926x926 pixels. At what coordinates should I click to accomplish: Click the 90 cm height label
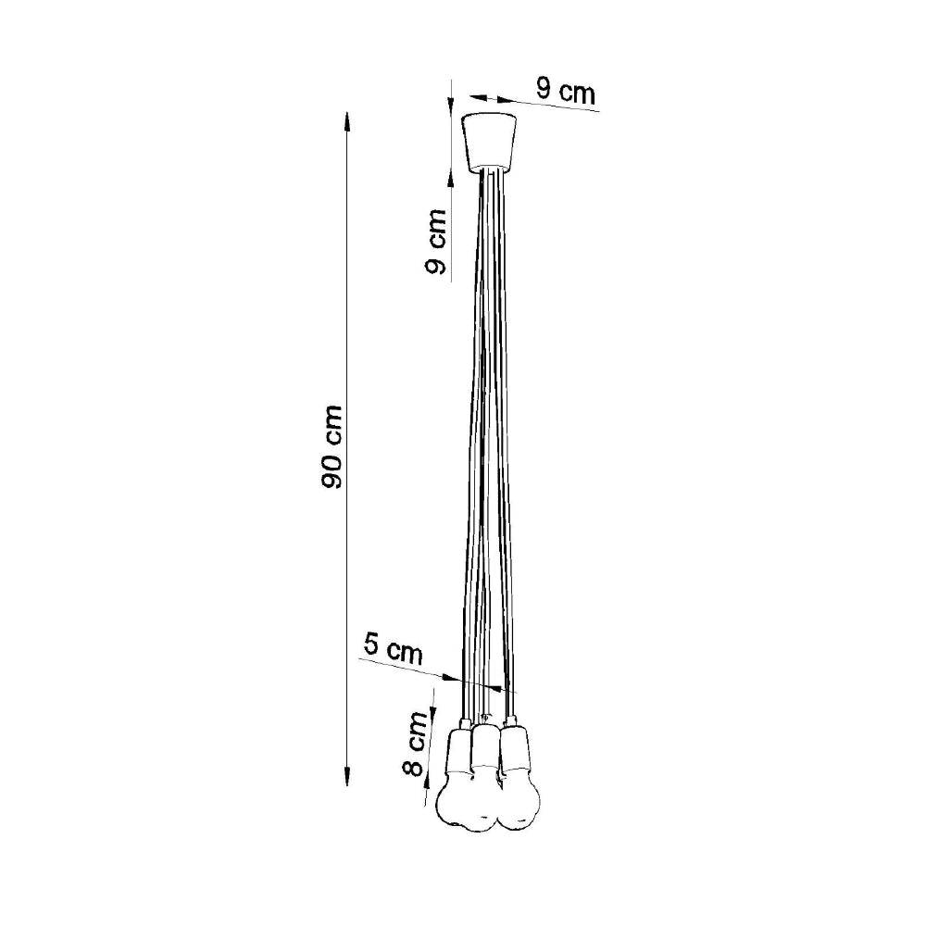(x=332, y=447)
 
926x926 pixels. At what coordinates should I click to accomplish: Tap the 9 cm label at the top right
(x=565, y=91)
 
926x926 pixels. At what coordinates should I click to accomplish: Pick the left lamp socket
(x=459, y=750)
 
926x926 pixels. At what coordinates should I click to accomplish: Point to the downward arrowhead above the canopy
(x=451, y=105)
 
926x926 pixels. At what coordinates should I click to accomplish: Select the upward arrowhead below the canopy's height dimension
(x=451, y=176)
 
